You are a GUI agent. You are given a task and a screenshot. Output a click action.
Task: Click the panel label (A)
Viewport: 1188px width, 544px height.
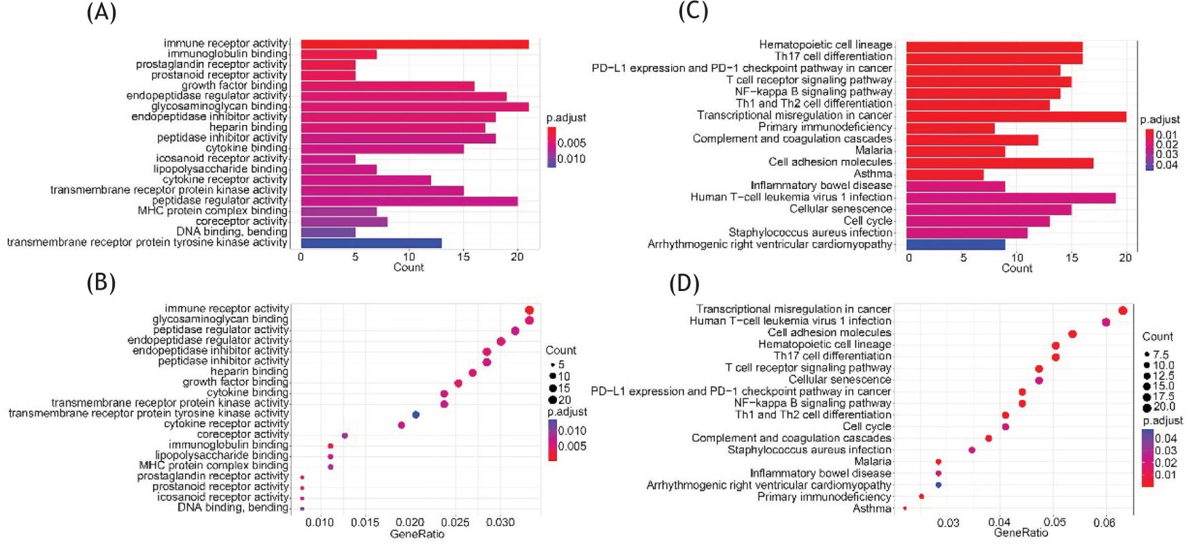pyautogui.click(x=101, y=12)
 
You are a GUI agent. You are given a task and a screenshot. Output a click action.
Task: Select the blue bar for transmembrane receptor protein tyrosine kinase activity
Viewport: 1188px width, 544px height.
pyautogui.click(x=371, y=243)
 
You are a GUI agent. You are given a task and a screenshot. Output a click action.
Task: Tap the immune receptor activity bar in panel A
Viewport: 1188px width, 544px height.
pyautogui.click(x=414, y=44)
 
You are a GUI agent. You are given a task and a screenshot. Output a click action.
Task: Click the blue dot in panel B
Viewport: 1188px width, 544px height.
pyautogui.click(x=415, y=414)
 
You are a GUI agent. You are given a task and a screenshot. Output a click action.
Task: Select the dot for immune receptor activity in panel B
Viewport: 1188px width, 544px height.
pyautogui.click(x=529, y=310)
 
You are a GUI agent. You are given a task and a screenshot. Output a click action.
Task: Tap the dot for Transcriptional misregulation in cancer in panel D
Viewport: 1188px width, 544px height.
pyautogui.click(x=1123, y=311)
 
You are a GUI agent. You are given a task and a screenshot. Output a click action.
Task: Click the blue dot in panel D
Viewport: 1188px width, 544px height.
pyautogui.click(x=938, y=485)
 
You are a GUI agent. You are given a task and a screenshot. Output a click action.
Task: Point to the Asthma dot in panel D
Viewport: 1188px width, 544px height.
pyautogui.click(x=904, y=508)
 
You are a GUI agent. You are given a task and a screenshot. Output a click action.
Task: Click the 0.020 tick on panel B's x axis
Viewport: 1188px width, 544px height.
pyautogui.click(x=410, y=522)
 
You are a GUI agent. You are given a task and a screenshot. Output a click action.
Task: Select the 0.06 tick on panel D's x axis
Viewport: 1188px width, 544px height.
pyautogui.click(x=1104, y=522)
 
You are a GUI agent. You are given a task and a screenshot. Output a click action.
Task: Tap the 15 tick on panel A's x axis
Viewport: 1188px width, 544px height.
pyautogui.click(x=463, y=257)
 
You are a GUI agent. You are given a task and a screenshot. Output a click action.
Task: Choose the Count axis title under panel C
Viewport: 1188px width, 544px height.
pyautogui.click(x=1017, y=269)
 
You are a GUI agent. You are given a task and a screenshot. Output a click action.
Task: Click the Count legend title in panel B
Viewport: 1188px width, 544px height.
pyautogui.click(x=560, y=350)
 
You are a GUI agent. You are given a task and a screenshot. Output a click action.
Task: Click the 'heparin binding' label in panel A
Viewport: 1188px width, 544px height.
pyautogui.click(x=248, y=127)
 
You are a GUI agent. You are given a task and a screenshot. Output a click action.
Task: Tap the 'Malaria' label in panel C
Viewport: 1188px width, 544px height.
pyautogui.click(x=873, y=150)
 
